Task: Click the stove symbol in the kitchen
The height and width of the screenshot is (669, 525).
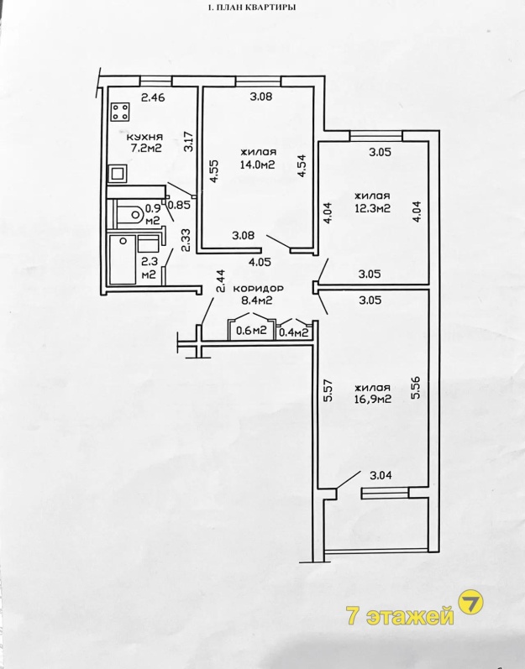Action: [x=120, y=112]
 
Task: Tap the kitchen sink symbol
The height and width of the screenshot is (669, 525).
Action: [x=117, y=174]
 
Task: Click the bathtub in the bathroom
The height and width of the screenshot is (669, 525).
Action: [x=123, y=259]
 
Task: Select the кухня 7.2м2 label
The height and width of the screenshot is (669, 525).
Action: [x=144, y=143]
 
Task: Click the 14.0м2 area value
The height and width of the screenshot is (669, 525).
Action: [x=257, y=165]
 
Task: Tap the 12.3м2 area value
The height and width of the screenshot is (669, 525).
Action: [x=373, y=209]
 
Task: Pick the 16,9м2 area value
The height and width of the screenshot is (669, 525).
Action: [x=373, y=400]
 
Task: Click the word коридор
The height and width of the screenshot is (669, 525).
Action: [x=257, y=289]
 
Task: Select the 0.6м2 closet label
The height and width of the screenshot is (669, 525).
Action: [x=251, y=331]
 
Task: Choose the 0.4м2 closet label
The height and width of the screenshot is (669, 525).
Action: [x=294, y=332]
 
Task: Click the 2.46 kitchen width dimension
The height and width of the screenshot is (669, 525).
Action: [x=153, y=97]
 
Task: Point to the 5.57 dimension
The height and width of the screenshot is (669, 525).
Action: [x=328, y=390]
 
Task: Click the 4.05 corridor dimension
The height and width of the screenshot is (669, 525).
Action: [x=260, y=263]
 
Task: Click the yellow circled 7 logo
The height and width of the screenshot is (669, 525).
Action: [x=470, y=603]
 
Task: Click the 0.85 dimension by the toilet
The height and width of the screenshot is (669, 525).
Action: [x=179, y=205]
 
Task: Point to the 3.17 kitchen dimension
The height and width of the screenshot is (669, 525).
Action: [x=189, y=143]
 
